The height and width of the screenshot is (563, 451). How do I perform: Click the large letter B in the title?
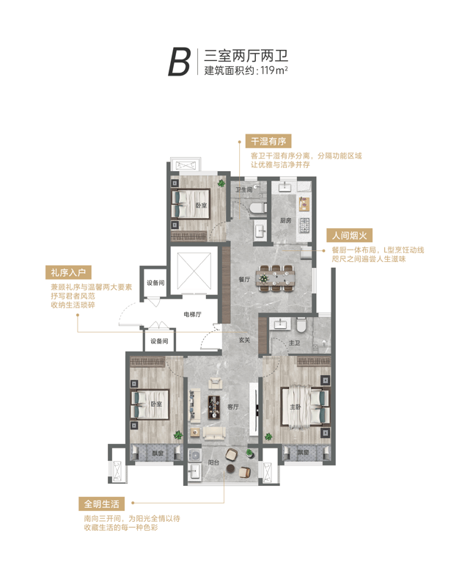(x=179, y=62)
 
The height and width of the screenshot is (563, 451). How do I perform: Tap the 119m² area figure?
(x=274, y=70)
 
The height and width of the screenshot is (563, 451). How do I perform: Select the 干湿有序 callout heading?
(x=268, y=141)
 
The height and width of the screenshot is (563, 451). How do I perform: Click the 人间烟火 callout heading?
(x=350, y=236)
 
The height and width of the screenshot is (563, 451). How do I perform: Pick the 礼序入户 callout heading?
(x=68, y=272)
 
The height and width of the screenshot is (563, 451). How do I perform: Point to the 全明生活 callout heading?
(x=101, y=504)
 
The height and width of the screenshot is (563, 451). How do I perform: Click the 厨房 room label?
(x=285, y=220)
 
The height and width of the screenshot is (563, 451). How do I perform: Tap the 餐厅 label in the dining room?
(x=244, y=279)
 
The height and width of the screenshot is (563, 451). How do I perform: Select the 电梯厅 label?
(x=192, y=315)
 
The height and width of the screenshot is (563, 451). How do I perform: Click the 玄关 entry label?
(x=244, y=339)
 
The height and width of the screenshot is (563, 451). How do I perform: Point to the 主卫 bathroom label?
(x=294, y=343)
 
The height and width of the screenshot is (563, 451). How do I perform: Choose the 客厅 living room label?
(x=233, y=407)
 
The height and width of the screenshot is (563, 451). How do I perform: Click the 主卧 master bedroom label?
(x=296, y=407)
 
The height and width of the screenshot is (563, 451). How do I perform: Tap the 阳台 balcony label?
(x=213, y=462)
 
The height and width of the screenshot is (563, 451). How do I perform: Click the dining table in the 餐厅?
(x=276, y=278)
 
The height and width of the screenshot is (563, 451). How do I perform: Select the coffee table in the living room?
(x=215, y=407)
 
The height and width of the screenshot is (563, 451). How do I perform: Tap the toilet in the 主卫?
(x=301, y=325)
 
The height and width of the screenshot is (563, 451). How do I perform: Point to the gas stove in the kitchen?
(x=304, y=225)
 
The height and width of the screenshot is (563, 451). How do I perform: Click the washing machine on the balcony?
(x=195, y=455)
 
